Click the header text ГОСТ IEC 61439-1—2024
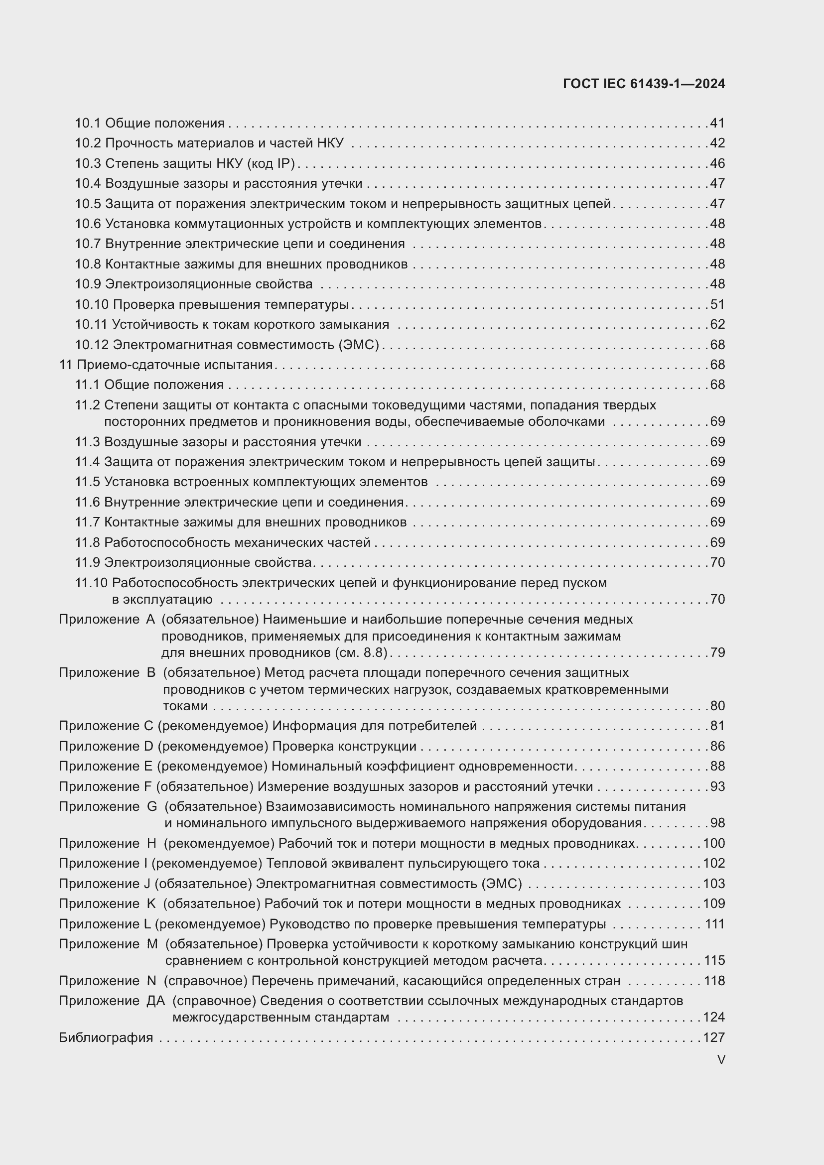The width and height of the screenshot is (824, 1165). pos(643,84)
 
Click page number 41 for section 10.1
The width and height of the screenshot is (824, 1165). pos(717,124)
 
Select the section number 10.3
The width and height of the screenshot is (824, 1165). pos(88,163)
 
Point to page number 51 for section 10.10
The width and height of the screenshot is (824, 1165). pos(717,304)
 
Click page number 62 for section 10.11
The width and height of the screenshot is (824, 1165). pos(717,324)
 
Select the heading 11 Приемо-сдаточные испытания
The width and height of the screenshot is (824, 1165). pos(166,365)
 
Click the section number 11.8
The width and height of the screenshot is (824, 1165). pos(87,542)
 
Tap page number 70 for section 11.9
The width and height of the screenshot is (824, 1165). pos(717,562)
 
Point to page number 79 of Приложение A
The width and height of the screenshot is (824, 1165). pos(717,652)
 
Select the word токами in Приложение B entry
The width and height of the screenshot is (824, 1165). pos(185,706)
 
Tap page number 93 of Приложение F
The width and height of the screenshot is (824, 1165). pos(717,786)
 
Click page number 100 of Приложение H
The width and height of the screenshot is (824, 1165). pos(714,843)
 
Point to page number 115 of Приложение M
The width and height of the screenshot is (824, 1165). pos(714,960)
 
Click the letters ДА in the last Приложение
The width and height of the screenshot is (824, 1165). pos(156,1001)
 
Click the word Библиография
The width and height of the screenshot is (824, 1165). pos(106,1037)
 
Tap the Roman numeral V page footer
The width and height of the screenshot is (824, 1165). pos(721,1059)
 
